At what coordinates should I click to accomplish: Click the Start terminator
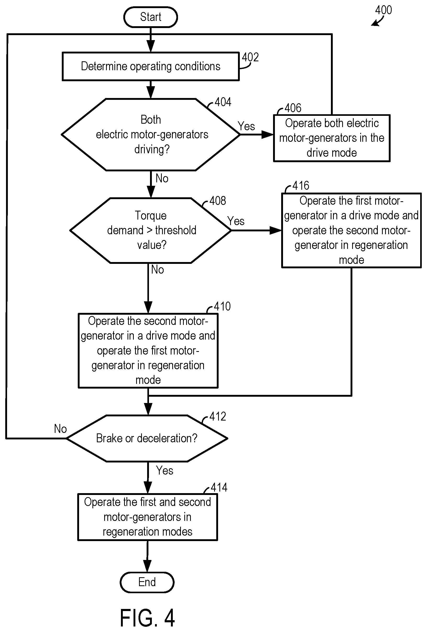coord(151,17)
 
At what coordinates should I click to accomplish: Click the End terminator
coord(147,582)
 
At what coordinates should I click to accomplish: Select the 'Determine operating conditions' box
coord(151,66)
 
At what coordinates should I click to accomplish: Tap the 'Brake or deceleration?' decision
coord(147,438)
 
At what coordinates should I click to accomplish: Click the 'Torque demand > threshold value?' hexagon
coord(151,230)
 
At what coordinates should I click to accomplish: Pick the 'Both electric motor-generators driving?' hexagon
coord(151,134)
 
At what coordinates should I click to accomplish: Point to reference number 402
coord(250,57)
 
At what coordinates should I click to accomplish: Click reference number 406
coord(293,108)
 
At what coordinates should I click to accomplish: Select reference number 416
coord(301,186)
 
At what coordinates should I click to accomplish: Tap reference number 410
coord(222,307)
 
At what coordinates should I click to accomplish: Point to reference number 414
coord(219,487)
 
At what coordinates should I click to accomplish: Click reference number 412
coord(218,417)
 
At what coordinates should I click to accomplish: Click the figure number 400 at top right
coord(384,10)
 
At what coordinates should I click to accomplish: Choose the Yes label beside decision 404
coord(247,126)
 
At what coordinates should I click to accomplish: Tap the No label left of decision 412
coord(60,429)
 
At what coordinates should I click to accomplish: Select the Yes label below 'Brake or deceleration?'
coord(165,471)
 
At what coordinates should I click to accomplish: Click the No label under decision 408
coord(158,270)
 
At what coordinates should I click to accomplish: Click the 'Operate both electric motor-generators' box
coord(332,138)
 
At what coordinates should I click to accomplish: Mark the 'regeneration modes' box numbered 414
coord(148,517)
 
